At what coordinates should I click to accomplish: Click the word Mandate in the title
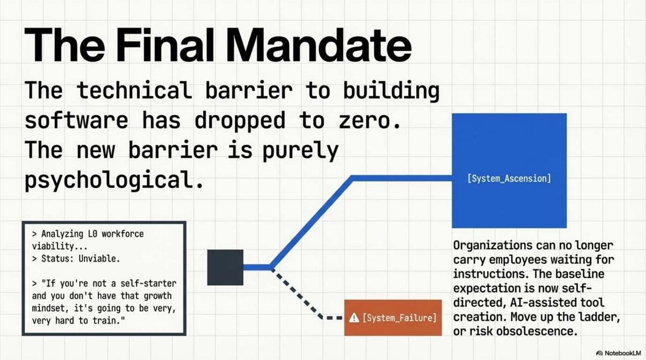pos(319,45)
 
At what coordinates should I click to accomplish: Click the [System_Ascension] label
pos(509,179)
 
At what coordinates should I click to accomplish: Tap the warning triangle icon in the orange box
pos(354,317)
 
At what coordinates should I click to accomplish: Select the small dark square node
pos(225,267)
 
